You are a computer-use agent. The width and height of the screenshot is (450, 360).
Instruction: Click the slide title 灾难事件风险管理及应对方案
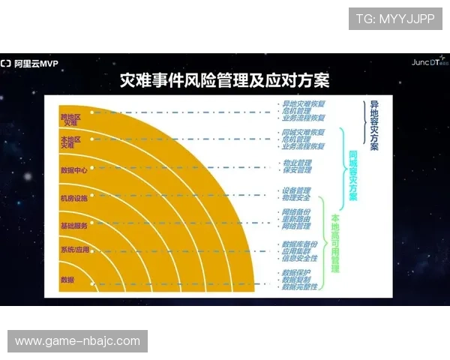point(225,80)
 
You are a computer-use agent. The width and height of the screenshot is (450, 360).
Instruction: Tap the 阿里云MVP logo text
point(34,64)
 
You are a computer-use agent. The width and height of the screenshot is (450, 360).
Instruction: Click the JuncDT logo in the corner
point(428,62)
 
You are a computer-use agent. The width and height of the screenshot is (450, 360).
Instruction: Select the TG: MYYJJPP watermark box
point(395,19)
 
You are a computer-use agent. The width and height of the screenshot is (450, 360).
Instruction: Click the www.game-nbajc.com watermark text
point(78,341)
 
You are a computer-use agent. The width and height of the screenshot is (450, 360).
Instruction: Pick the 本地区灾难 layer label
point(69,142)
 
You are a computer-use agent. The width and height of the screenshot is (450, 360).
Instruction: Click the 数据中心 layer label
point(73,169)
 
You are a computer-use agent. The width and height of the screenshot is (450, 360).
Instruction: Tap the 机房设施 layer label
point(73,198)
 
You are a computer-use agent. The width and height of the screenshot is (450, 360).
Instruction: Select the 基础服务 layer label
point(73,225)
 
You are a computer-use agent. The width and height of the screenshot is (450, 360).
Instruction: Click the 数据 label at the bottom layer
point(67,279)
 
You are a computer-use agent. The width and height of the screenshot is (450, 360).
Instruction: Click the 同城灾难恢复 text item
point(303,132)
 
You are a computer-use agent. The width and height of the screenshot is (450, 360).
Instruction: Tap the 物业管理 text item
point(296,163)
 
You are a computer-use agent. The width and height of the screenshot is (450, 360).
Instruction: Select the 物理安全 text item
point(296,198)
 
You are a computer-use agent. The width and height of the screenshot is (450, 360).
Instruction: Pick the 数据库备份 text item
point(299,244)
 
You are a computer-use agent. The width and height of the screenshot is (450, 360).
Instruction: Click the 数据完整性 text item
point(299,286)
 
